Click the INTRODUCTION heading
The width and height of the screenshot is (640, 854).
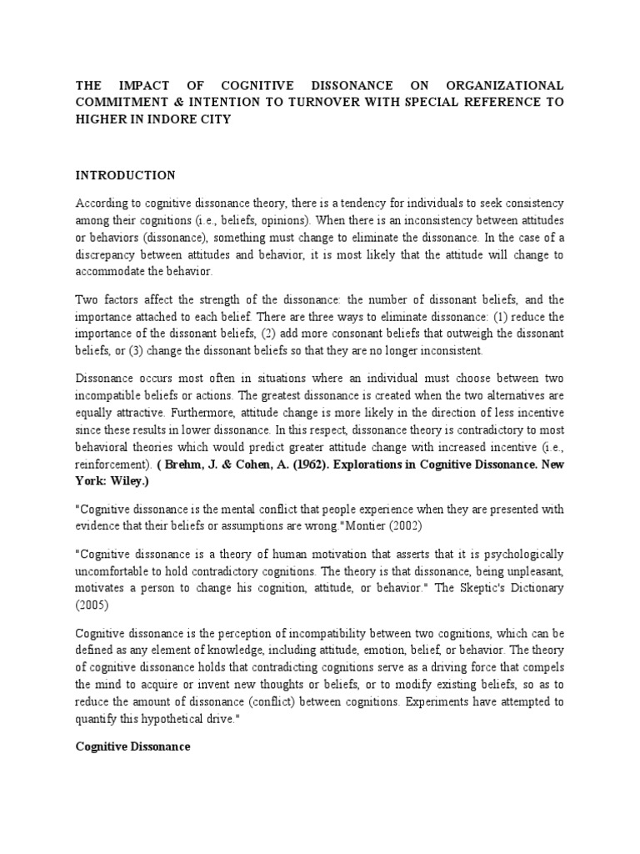pyautogui.click(x=126, y=175)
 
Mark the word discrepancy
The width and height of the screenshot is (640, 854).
pyautogui.click(x=115, y=255)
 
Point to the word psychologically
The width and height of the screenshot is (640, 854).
pyautogui.click(x=519, y=554)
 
